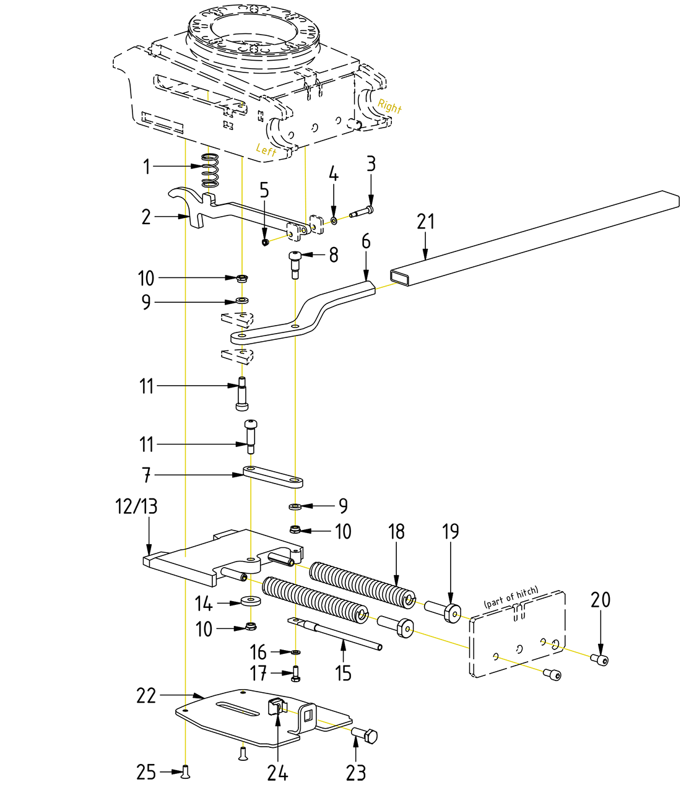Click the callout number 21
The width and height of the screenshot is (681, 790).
tap(426, 222)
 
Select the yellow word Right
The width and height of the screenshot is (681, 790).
tap(389, 106)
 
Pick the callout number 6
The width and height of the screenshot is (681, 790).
tap(366, 241)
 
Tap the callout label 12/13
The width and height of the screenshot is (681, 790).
tap(136, 507)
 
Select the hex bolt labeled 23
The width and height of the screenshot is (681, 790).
tap(365, 736)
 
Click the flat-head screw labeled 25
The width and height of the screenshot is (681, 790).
tap(186, 771)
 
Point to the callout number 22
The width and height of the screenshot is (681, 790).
tap(146, 696)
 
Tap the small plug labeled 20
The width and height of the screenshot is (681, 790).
tap(599, 659)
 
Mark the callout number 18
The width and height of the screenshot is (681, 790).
tap(396, 532)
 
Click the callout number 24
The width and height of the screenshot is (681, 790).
tap(277, 773)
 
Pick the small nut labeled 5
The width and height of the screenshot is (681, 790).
tap(265, 241)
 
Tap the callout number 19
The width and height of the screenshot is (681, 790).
tap(451, 532)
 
